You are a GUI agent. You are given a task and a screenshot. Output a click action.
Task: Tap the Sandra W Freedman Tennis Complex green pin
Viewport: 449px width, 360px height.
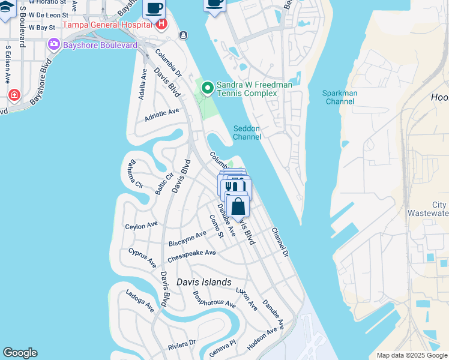(x=208, y=89)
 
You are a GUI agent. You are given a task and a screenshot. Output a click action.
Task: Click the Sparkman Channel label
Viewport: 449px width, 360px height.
(x=340, y=97)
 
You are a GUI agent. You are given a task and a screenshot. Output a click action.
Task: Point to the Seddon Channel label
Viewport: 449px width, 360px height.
(x=247, y=133)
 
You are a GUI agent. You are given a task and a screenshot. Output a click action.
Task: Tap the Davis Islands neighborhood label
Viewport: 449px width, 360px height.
(x=203, y=282)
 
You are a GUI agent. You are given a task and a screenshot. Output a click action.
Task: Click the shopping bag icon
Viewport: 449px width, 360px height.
(x=238, y=207)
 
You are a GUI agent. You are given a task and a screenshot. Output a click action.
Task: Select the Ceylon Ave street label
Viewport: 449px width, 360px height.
(x=141, y=226)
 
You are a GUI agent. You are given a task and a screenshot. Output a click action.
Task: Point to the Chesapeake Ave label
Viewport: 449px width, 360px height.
(x=191, y=253)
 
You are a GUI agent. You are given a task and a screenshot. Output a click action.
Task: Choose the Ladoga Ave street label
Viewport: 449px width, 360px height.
(x=139, y=301)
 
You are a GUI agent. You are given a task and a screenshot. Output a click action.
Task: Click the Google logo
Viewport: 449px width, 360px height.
(x=20, y=353)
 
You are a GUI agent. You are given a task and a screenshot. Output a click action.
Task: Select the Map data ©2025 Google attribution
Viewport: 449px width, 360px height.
(x=412, y=355)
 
